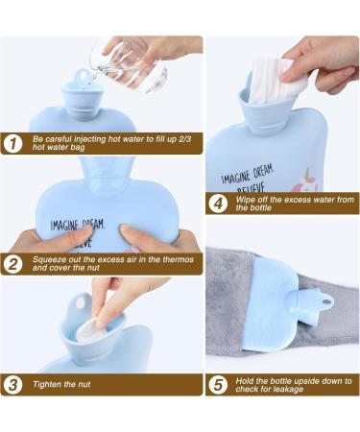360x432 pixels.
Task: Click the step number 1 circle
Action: [x=12, y=144]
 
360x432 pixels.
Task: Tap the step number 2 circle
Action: [x=12, y=264]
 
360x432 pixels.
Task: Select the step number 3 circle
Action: [x=12, y=384]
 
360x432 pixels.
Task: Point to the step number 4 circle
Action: [x=218, y=204]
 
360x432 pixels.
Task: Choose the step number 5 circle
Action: [x=218, y=385]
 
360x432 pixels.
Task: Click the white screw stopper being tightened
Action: [x=89, y=329]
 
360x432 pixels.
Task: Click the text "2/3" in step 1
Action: [x=183, y=140]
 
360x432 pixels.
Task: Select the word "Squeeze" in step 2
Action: [x=48, y=259]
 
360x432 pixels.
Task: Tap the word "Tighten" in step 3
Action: [x=47, y=384]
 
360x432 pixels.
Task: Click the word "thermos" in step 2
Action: [x=179, y=259]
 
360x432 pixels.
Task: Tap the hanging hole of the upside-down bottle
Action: [x=326, y=302]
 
